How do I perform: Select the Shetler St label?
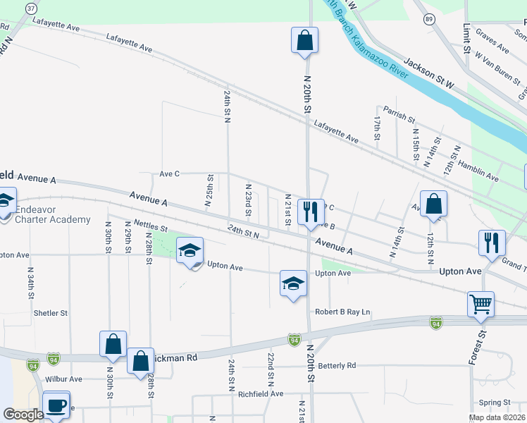coord(50,312)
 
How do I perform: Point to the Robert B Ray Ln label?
coord(342,312)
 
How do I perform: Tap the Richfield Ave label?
coord(260,393)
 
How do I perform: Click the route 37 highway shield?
coord(31,8)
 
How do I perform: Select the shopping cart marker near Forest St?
coord(480,305)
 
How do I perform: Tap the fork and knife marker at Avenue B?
coord(310,209)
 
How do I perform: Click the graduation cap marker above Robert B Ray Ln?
coord(293,283)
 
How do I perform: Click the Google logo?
coord(23,415)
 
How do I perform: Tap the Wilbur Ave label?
coord(64,379)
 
